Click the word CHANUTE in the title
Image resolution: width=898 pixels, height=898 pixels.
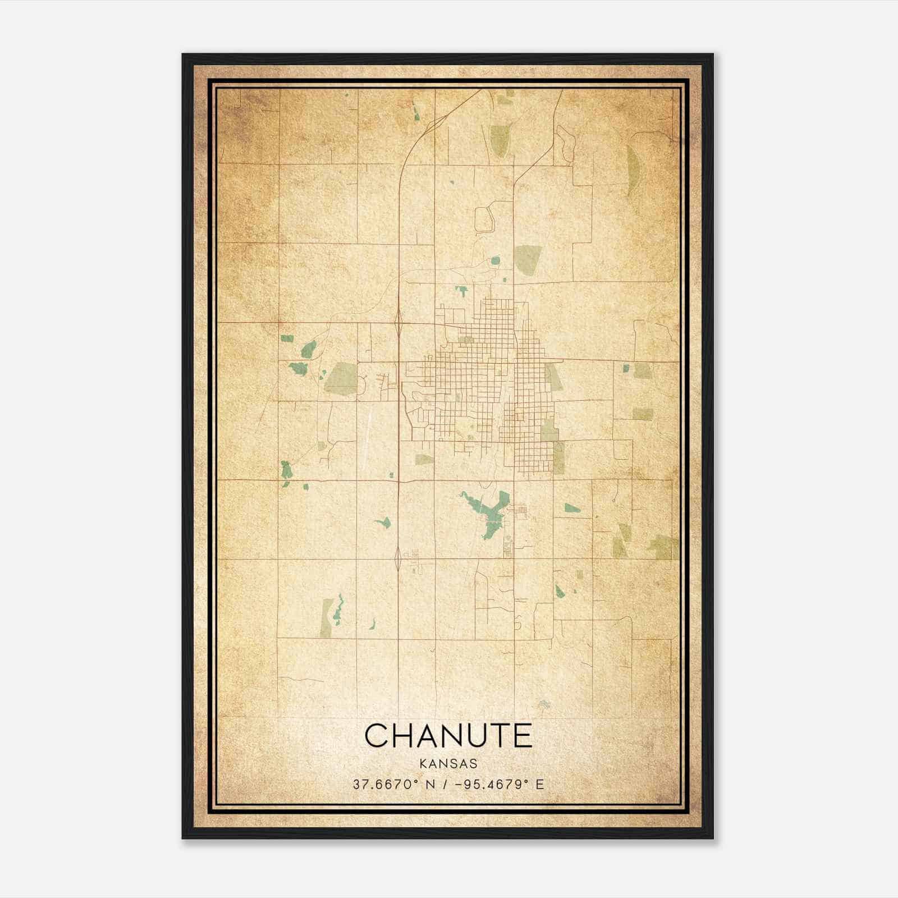448,735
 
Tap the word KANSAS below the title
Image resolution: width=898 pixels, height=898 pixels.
448,764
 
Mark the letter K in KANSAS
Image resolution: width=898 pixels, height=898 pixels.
422,764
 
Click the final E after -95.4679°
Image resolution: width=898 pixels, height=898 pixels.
540,784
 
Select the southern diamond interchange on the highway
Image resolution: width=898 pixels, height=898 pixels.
398,558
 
